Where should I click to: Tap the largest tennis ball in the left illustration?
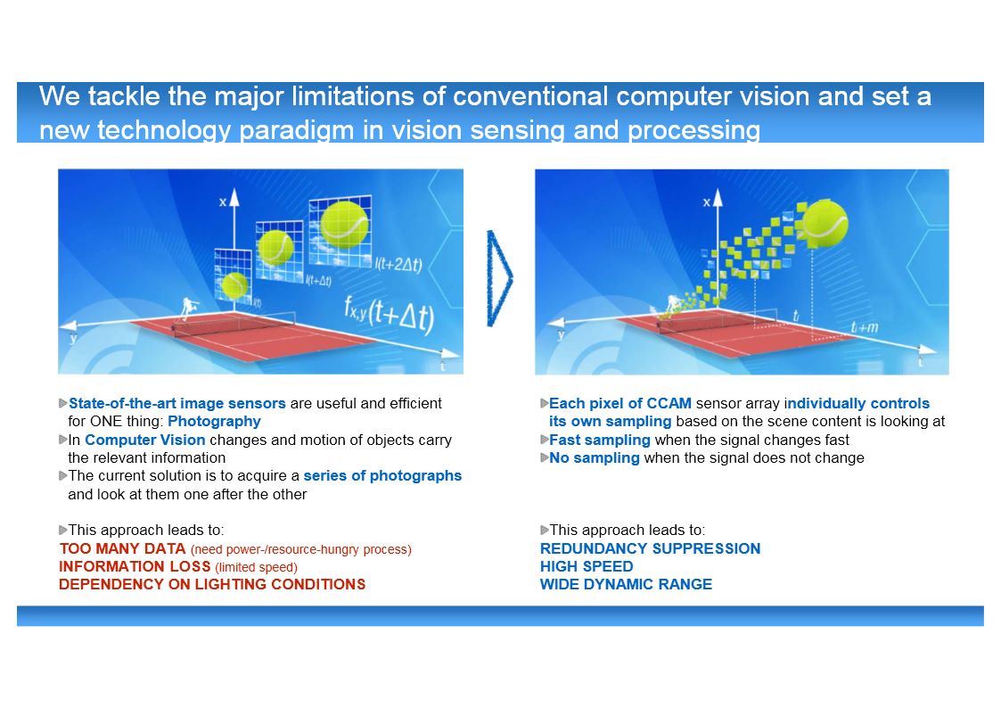click(345, 225)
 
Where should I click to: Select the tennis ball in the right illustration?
click(825, 223)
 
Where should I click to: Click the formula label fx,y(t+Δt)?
click(390, 315)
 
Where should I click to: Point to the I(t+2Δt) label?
click(398, 263)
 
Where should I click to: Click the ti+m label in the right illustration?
click(864, 327)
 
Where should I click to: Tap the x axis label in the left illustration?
click(223, 202)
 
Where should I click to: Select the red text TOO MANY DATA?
click(122, 548)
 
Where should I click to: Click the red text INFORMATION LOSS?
click(135, 566)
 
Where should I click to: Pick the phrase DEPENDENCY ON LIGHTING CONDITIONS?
click(212, 584)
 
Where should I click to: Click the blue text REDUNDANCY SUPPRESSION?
click(650, 548)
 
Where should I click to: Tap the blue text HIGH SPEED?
click(587, 566)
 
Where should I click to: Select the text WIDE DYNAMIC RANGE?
click(626, 584)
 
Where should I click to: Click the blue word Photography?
click(215, 422)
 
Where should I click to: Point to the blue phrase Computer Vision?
click(145, 440)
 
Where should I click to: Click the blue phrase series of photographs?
click(382, 475)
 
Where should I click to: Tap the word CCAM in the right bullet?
click(669, 403)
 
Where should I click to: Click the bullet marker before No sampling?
click(544, 457)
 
